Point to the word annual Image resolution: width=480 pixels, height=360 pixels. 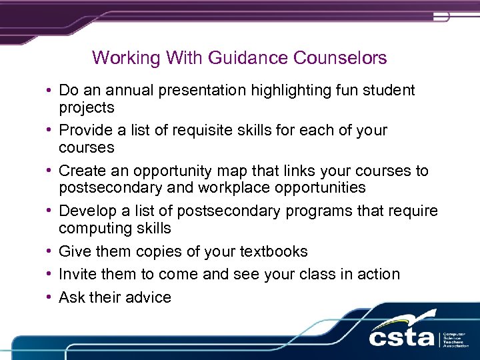click(x=120, y=90)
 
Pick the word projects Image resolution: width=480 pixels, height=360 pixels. click(x=87, y=108)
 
